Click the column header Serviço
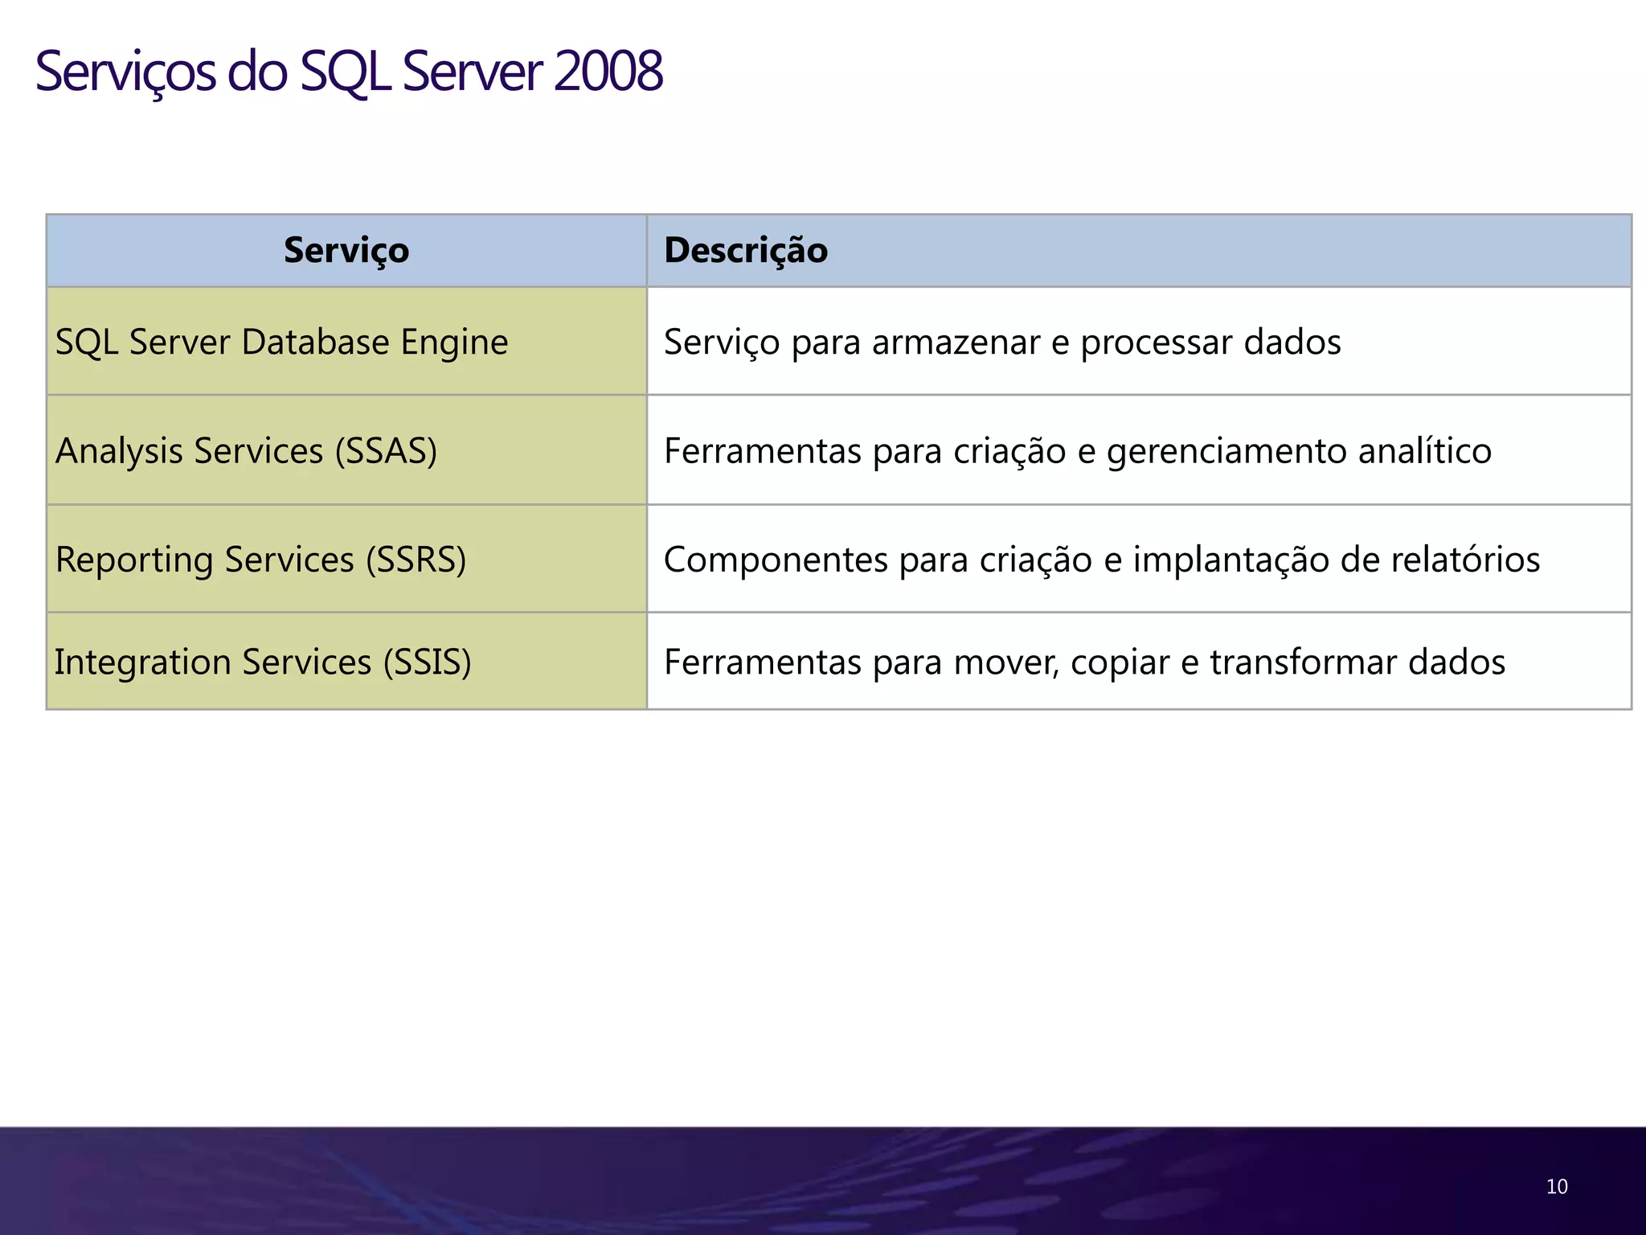coord(346,250)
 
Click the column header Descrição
coord(746,250)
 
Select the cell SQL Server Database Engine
coord(281,342)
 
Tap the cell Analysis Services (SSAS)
coord(246,450)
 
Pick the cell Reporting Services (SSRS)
coord(260,560)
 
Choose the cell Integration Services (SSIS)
coord(263,662)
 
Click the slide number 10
coord(1556,1187)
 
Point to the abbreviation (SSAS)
coord(386,450)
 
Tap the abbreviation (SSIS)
coord(427,662)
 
